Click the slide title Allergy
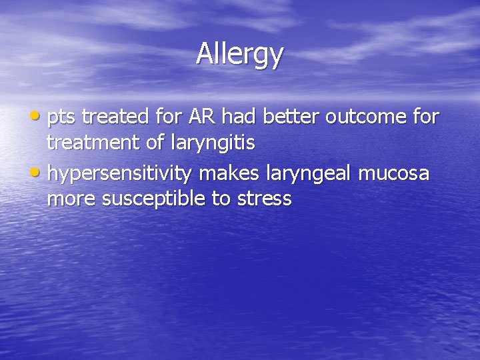coord(239,55)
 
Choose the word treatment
coord(93,143)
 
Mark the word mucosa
coord(395,173)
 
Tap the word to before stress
coord(221,199)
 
